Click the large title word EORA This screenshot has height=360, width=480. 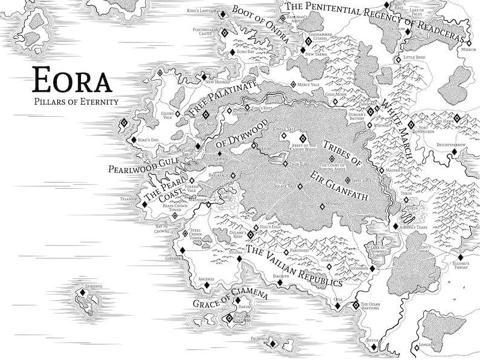[x=72, y=80]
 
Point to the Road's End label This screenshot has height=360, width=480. [x=147, y=140]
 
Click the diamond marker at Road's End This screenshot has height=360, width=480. [x=134, y=140]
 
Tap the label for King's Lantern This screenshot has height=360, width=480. [x=201, y=10]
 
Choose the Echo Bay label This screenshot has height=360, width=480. [x=245, y=53]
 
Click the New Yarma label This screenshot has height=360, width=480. [x=316, y=54]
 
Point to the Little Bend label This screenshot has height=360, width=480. [x=414, y=57]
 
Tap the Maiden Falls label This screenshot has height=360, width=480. [x=398, y=171]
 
